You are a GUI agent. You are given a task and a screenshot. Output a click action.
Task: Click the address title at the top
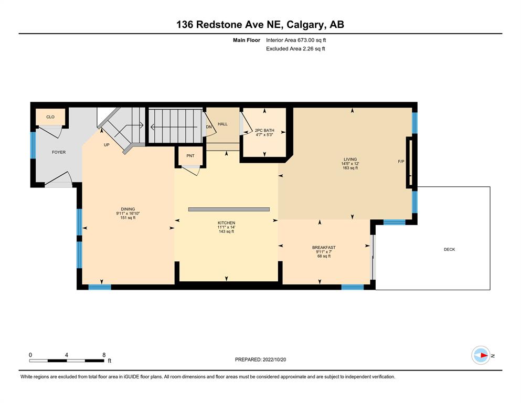260,25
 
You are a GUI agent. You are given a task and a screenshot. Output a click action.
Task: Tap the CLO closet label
50,117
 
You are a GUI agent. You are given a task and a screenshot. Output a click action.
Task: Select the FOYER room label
59,152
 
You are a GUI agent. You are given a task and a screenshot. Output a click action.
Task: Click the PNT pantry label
190,156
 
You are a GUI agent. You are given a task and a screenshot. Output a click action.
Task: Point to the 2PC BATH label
264,131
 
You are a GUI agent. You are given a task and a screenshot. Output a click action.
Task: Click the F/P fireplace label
401,162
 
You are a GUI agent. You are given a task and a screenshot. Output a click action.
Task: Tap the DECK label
449,249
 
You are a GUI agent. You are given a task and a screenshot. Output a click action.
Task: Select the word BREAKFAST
324,248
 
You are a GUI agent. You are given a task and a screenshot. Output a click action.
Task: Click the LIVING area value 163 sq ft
350,168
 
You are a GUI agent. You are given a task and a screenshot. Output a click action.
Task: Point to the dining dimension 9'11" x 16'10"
128,214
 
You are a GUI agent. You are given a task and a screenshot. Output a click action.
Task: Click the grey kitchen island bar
229,209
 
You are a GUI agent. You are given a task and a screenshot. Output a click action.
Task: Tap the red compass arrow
484,355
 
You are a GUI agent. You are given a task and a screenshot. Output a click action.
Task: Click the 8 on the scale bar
104,355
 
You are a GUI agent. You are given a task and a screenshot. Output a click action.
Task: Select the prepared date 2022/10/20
274,359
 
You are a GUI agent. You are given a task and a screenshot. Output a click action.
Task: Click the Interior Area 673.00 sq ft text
296,40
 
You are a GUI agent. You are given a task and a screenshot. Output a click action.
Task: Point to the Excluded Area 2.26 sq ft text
295,49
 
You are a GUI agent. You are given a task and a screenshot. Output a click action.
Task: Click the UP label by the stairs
107,145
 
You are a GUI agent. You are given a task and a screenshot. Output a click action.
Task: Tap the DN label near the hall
209,127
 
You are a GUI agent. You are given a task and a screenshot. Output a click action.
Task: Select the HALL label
222,124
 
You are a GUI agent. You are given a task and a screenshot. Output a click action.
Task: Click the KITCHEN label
227,223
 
